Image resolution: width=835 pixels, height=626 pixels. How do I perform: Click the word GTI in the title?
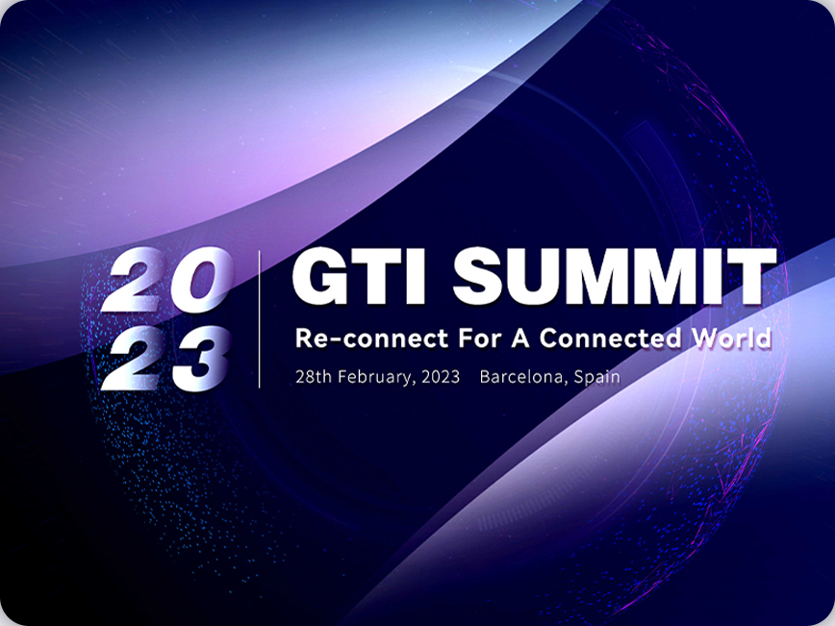tap(359, 276)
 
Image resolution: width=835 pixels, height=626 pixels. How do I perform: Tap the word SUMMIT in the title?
tap(615, 276)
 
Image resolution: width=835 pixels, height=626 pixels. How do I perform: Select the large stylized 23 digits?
tap(165, 359)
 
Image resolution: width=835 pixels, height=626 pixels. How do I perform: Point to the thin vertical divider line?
tap(260, 319)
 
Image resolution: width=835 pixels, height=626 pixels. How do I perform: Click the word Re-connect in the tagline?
tap(371, 338)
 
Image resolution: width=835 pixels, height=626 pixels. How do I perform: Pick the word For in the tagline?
tap(481, 338)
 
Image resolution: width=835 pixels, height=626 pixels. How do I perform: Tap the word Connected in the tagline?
tap(610, 338)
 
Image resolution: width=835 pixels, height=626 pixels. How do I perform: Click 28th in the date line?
tap(314, 377)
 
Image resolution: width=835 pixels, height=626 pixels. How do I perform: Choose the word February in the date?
tap(375, 377)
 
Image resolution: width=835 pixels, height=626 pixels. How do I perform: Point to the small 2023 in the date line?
tap(441, 377)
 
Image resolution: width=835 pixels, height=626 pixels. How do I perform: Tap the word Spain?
tap(597, 378)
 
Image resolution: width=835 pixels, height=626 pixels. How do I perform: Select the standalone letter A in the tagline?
tap(520, 338)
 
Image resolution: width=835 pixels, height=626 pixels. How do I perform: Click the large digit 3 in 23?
tap(201, 359)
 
